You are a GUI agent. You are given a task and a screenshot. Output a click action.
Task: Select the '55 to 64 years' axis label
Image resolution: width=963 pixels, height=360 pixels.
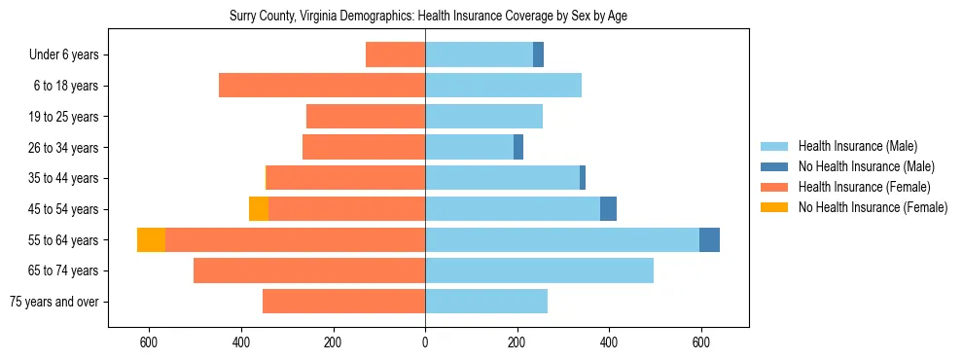pos(64,240)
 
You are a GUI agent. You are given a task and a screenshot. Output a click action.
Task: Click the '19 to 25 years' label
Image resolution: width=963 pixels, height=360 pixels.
pos(64,117)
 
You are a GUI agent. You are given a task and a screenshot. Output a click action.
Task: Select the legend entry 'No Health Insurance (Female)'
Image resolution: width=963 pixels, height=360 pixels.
pos(873,207)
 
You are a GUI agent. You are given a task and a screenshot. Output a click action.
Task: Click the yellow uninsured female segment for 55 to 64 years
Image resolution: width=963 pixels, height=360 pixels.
pos(151,240)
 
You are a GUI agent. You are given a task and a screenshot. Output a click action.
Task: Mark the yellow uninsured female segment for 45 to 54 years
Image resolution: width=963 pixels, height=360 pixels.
pos(259,209)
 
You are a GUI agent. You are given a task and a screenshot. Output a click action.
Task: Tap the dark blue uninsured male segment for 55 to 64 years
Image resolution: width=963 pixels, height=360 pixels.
pos(709,240)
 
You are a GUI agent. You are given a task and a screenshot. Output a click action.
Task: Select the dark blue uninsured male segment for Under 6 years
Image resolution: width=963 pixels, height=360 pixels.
pos(538,55)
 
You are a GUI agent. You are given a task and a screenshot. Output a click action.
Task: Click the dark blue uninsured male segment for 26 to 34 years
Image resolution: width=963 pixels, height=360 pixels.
pos(518,148)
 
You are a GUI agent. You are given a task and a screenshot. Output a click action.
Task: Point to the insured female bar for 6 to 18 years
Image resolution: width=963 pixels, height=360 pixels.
pos(322,86)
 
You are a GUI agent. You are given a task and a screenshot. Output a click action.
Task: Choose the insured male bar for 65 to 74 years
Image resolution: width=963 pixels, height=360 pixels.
pos(539,270)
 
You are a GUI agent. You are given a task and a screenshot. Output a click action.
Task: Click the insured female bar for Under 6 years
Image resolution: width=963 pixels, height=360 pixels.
pos(395,55)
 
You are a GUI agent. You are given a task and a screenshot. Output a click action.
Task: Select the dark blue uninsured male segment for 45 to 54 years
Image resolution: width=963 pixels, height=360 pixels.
pos(608,209)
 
